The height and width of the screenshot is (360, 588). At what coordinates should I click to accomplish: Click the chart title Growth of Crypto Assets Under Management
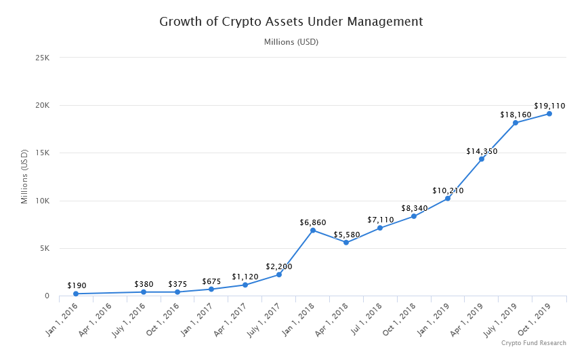pyautogui.click(x=291, y=22)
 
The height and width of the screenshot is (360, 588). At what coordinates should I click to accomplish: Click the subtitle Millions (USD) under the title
pyautogui.click(x=291, y=42)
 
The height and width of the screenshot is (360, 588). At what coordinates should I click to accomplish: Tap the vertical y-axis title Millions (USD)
pyautogui.click(x=24, y=177)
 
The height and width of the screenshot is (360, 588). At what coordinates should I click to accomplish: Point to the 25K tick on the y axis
pyautogui.click(x=42, y=58)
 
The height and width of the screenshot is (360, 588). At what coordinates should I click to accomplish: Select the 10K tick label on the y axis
pyautogui.click(x=42, y=201)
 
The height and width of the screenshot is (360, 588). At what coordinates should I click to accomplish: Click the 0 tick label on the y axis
pyautogui.click(x=47, y=296)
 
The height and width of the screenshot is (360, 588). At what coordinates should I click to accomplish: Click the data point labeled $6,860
pyautogui.click(x=313, y=231)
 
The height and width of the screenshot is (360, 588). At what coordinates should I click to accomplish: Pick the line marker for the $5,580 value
pyautogui.click(x=346, y=243)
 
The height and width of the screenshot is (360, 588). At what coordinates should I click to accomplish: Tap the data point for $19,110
pyautogui.click(x=549, y=114)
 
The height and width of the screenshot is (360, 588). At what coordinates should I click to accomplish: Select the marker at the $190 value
pyautogui.click(x=76, y=294)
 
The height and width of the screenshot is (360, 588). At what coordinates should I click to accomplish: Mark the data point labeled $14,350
pyautogui.click(x=482, y=159)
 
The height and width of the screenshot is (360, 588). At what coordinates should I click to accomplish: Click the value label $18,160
pyautogui.click(x=516, y=115)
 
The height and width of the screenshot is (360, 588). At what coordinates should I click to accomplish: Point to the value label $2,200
pyautogui.click(x=278, y=266)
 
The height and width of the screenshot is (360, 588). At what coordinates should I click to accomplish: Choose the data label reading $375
pyautogui.click(x=177, y=283)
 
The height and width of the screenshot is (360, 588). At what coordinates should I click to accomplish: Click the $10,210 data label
pyautogui.click(x=448, y=191)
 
